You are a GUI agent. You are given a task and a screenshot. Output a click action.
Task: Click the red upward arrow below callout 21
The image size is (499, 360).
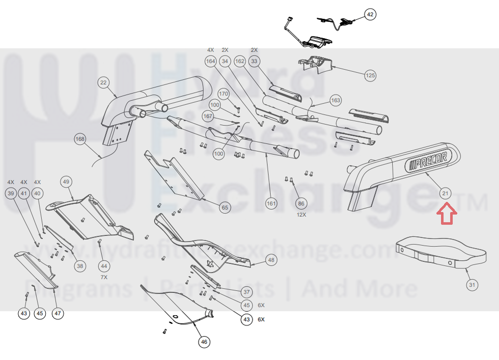coord(447,213)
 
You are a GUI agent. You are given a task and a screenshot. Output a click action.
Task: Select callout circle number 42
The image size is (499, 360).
coord(370,15)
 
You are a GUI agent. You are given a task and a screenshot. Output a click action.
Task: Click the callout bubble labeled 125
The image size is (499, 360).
coord(370,76)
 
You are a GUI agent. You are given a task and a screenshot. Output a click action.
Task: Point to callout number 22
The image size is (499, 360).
coord(103,82)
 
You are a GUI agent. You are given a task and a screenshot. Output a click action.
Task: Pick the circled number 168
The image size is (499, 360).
coord(80,139)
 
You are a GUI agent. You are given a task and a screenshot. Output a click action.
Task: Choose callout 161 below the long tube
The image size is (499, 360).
coord(271,204)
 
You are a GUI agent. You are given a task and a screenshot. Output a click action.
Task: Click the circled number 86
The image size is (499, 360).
coord(301,203)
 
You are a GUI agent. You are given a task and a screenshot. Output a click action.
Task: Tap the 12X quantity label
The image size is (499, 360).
coord(301,215)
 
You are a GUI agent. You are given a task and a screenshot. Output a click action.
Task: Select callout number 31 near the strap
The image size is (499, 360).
coord(472,285)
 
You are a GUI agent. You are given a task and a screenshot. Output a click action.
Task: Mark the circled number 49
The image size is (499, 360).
coord(66,181)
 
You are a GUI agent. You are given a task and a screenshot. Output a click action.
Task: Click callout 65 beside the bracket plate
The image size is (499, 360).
coord(225,207)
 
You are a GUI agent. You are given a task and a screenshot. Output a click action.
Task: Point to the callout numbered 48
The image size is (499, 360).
coord(271,260)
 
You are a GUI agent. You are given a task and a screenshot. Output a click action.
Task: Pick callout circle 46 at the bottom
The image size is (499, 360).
coord(204,342)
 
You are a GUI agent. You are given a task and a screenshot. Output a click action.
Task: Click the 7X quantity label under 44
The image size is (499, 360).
coord(104,277)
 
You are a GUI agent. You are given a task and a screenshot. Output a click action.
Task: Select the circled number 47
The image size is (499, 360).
coord(58,313)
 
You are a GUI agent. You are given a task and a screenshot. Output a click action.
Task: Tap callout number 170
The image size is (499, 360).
coord(224,94)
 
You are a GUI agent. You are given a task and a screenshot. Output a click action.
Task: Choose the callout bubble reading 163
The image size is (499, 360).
coord(336,100)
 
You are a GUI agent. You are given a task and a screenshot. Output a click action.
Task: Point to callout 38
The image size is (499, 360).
coord(80,265)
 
